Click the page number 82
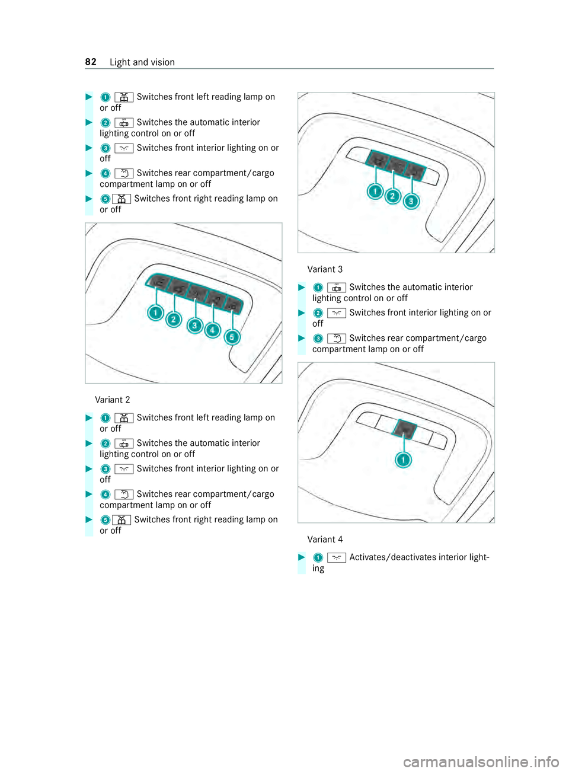point(91,62)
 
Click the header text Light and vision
point(142,62)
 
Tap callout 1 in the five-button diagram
point(156,312)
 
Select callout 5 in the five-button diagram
point(232,337)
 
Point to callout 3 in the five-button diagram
point(194,325)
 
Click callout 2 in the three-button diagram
point(393,196)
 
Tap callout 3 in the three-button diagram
point(411,202)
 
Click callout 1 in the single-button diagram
point(404,460)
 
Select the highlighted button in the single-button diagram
point(405,428)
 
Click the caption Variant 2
point(113,400)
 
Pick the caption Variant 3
point(325,269)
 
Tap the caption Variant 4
point(325,540)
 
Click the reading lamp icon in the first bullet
point(124,97)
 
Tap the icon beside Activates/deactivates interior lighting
point(336,558)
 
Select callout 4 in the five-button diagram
point(213,330)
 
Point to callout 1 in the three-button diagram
point(375,192)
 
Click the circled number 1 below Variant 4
point(318,558)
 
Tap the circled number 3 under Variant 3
point(318,339)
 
